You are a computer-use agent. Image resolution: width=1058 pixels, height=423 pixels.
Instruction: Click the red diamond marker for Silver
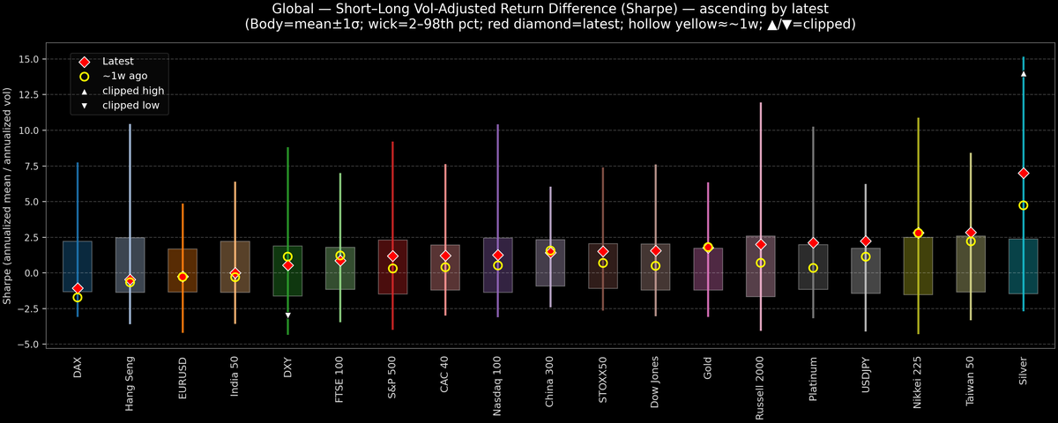tap(1023, 173)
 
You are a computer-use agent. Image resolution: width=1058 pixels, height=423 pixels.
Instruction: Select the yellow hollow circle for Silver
tap(1023, 205)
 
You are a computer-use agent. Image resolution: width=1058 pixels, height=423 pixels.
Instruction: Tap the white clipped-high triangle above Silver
tap(1023, 74)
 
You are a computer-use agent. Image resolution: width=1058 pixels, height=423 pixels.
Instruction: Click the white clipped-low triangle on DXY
tap(287, 315)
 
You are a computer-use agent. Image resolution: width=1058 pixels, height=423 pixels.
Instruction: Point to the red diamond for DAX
tap(78, 288)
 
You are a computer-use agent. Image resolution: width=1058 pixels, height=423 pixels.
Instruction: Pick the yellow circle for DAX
tap(78, 298)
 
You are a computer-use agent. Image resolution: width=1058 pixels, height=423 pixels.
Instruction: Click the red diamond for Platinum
tap(813, 242)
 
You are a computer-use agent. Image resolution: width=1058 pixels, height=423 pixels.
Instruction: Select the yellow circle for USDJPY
tap(866, 256)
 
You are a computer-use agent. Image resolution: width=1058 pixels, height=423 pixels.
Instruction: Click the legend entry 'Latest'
tap(117, 62)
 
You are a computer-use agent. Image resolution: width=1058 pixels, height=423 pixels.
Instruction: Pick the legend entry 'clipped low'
tap(130, 106)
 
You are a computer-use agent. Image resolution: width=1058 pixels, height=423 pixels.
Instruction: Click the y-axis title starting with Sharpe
tap(8, 196)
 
